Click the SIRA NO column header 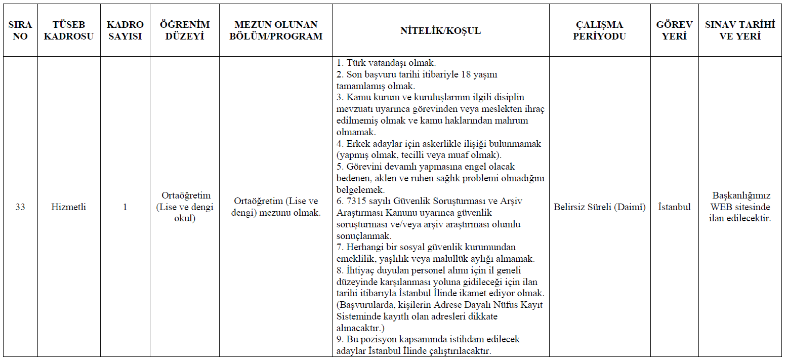point(20,30)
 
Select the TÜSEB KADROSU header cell point(69,30)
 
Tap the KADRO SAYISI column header point(125,30)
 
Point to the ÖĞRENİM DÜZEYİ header point(185,30)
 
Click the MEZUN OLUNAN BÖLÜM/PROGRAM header point(276,30)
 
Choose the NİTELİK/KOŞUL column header point(440,30)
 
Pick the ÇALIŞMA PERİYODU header point(600,30)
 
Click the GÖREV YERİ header point(674,30)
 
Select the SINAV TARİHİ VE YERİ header point(740,30)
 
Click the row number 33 point(20,207)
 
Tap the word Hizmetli point(69,207)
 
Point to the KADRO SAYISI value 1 point(125,207)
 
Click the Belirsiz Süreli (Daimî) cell point(600,207)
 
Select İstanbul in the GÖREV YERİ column point(674,207)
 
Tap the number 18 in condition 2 point(468,74)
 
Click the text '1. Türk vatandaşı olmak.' point(386,63)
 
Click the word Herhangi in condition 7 point(365,247)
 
